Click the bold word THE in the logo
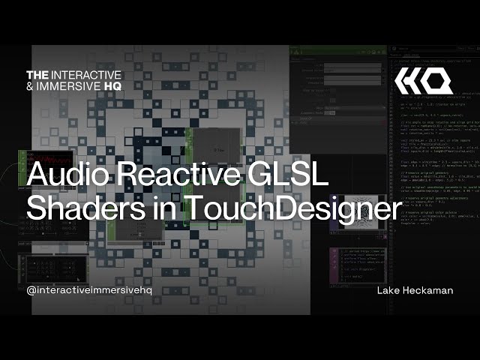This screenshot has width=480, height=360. [37, 75]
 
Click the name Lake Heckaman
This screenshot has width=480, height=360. [415, 290]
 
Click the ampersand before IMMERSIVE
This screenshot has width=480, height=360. [30, 86]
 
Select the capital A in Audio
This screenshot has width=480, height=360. [37, 177]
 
